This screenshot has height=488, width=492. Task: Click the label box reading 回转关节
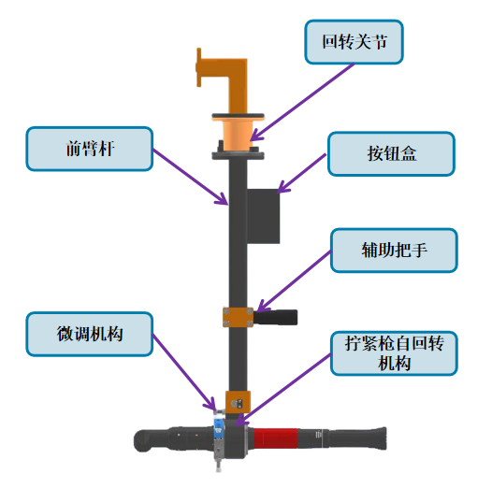pos(354,42)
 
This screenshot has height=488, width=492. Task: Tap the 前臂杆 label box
pos(90,149)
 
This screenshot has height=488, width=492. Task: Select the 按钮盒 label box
pos(391,153)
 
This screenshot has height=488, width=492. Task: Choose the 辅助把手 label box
pos(394,251)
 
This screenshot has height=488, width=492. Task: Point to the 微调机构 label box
pos(90,334)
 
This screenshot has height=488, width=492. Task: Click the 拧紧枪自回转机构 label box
pos(394,353)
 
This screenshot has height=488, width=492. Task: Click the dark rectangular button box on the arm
pos(263,216)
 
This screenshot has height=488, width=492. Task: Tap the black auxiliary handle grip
pos(276,318)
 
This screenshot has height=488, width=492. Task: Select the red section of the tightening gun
pos(276,438)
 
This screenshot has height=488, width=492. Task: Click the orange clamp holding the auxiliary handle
pos(238,318)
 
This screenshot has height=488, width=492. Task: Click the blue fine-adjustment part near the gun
pos(218,429)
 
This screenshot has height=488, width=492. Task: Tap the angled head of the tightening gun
pos(145,440)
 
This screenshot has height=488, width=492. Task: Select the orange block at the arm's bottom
pos(238,402)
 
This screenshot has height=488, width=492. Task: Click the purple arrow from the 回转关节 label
pos(302,102)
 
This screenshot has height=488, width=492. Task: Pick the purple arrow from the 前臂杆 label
pos(190,177)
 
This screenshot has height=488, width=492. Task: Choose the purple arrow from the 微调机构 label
pos(184,372)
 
